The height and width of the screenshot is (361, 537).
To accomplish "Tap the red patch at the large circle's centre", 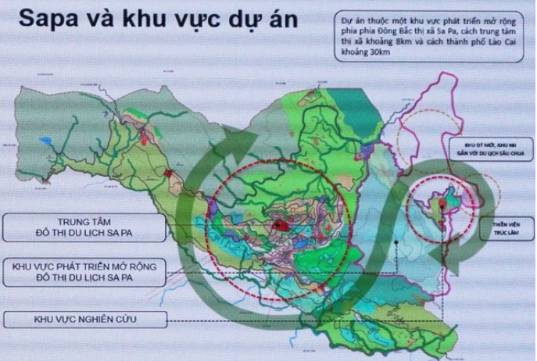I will pyautogui.click(x=279, y=224).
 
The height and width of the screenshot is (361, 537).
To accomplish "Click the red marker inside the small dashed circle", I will pyautogui.click(x=442, y=205).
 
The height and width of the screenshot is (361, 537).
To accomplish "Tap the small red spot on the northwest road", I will pyautogui.click(x=169, y=172).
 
